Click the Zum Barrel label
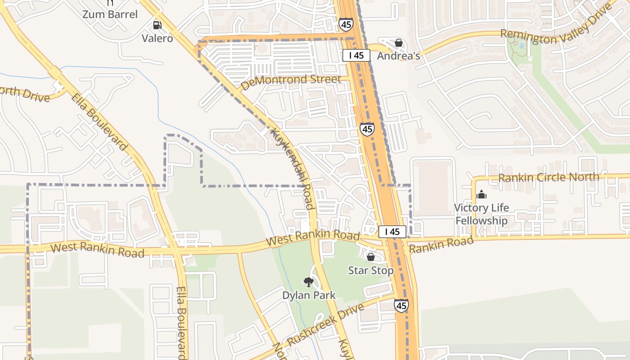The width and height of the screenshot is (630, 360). coord(110,14)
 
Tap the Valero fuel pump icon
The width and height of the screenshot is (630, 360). coord(157,25)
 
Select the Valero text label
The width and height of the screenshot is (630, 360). coord(157,38)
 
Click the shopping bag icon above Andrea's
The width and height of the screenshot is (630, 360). coord(398,43)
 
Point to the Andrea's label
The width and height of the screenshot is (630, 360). coord(398,56)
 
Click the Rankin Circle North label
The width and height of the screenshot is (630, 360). coord(549,177)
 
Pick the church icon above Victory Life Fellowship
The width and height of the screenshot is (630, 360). coord(481,195)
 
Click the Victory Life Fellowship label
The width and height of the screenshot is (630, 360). coord(481,214)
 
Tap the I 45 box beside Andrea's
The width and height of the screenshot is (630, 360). coord(356,55)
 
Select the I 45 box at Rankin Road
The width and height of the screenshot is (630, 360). coord(392,232)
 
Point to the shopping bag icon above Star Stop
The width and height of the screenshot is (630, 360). coord(370,257)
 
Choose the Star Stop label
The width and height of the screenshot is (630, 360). coord(370,270)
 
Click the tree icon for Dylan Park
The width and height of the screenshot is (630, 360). coord(308,282)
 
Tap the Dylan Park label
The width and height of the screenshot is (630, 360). coord(309,296)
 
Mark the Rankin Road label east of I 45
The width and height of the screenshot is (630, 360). coord(441,244)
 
